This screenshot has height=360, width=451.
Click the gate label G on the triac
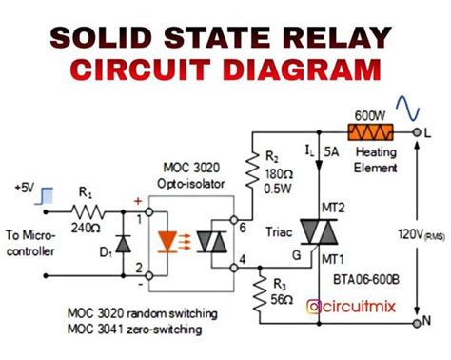[x=295, y=255]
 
